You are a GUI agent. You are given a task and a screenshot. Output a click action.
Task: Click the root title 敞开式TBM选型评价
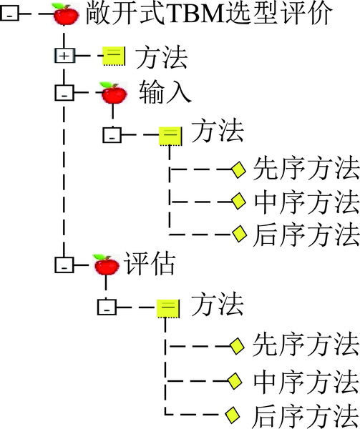click(x=209, y=14)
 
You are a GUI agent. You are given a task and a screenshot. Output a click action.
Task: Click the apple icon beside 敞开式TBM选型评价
click(x=66, y=14)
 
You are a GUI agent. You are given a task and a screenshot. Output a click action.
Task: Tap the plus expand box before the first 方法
click(x=64, y=56)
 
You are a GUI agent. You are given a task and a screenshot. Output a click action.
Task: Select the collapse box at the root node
click(x=9, y=14)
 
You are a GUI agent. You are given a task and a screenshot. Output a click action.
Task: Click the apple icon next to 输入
click(x=114, y=93)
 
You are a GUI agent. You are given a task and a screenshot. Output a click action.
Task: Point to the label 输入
click(x=165, y=92)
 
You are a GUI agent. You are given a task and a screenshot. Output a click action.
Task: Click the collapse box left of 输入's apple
click(x=64, y=93)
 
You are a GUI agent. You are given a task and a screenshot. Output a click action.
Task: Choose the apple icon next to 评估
click(x=106, y=265)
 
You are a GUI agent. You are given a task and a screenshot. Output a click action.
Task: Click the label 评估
click(x=150, y=263)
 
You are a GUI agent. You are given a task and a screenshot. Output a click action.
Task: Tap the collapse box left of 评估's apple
click(x=64, y=265)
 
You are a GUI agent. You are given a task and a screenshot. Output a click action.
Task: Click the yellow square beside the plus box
click(x=114, y=56)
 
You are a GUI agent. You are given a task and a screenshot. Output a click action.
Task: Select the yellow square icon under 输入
click(x=170, y=136)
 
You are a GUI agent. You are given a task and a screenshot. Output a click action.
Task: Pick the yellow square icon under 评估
click(x=168, y=308)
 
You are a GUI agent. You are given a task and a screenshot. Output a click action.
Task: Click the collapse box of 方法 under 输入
click(x=112, y=135)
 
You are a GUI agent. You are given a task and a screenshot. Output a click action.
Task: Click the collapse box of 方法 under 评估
click(x=107, y=307)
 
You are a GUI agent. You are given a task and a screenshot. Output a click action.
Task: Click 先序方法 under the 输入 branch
click(x=306, y=168)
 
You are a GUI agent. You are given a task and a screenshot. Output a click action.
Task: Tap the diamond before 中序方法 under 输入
click(x=238, y=201)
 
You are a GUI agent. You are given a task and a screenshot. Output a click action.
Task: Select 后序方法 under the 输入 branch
click(x=306, y=235)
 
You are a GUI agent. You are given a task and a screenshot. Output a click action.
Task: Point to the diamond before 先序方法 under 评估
click(x=237, y=346)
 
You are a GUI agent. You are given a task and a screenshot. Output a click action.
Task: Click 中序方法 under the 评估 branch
click(x=306, y=381)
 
